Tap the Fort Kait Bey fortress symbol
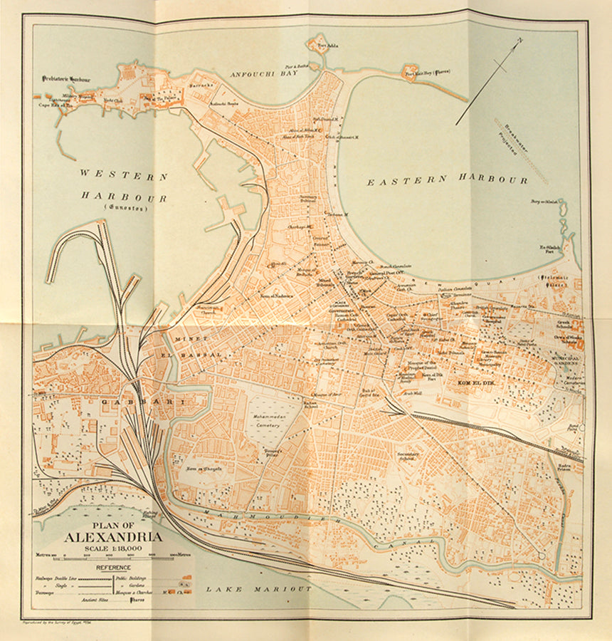coord(411,73)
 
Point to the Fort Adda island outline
coord(318,43)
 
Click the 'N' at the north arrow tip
coord(519,42)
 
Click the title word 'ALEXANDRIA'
coord(112,537)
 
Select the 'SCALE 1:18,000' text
coord(112,548)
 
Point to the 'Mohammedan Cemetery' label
coord(264,419)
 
